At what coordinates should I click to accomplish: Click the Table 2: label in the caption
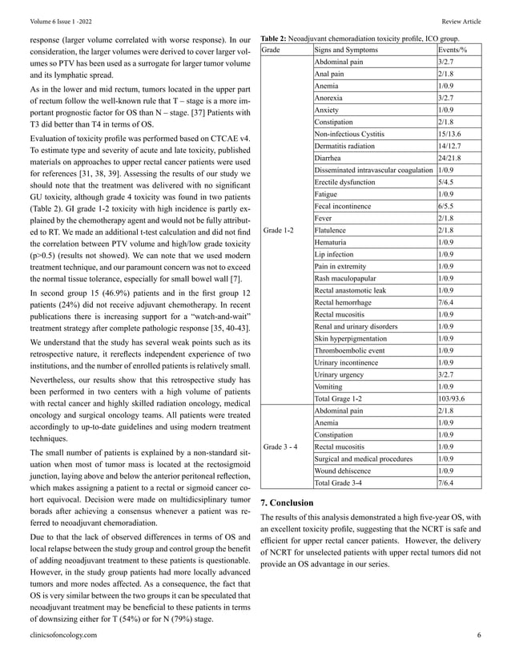click(276, 38)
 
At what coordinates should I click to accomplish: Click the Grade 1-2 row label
click(279, 230)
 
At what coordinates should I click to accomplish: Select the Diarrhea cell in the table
click(330, 158)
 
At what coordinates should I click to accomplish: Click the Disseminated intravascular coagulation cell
click(372, 170)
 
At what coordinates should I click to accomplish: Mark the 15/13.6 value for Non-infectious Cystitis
click(450, 134)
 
